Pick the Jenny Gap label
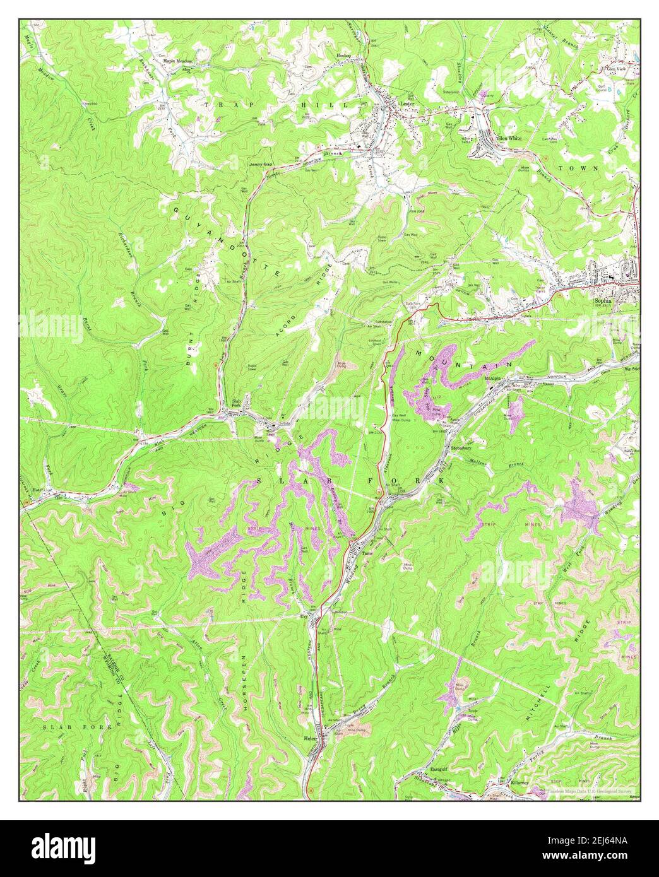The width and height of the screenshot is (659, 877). click(x=260, y=164)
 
